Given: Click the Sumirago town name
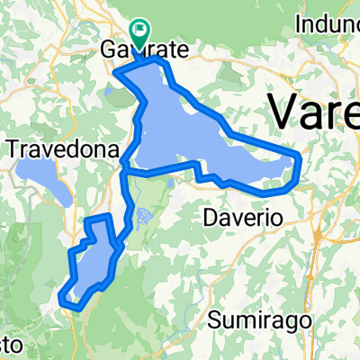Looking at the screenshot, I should (254, 319).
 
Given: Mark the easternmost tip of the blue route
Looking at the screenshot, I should (298, 160).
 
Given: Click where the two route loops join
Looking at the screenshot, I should (124, 168).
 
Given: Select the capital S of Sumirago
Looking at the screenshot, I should (214, 319).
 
